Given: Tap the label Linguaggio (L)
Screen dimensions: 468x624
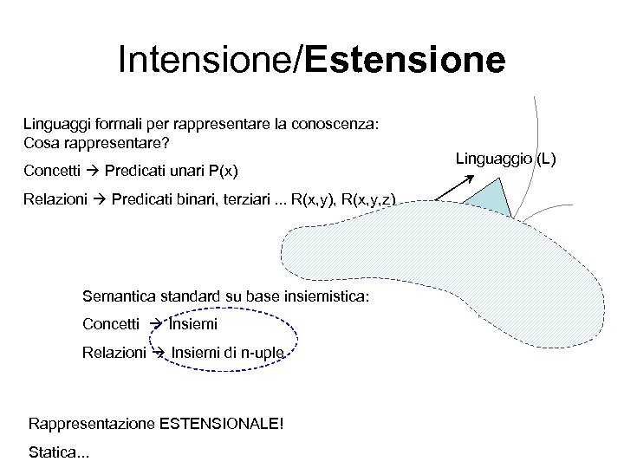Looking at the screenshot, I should pyautogui.click(x=507, y=158).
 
